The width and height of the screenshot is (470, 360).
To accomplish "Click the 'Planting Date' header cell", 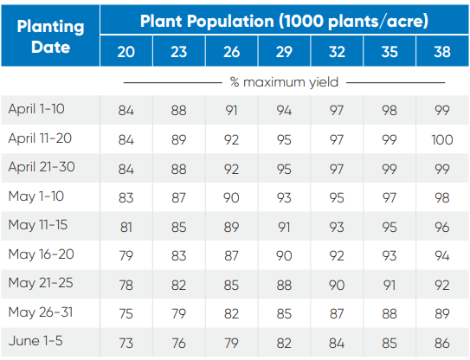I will [51, 35].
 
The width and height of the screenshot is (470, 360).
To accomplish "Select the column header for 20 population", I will [126, 52].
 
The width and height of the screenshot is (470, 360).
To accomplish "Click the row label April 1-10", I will [36, 109].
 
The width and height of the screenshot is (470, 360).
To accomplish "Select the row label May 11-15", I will [37, 225].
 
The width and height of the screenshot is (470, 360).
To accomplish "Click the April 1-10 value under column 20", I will [126, 110].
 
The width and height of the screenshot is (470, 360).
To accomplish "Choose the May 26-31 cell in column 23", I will [179, 312].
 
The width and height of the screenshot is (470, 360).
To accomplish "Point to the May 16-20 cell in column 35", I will [389, 254].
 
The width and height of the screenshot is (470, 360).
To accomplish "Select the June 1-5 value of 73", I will [126, 342].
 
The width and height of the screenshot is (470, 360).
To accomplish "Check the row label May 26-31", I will [39, 312].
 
